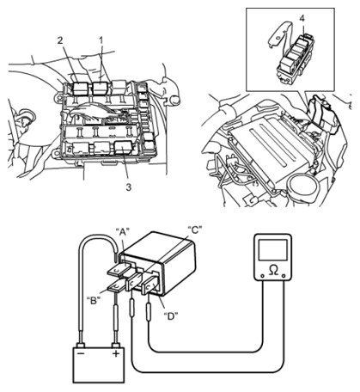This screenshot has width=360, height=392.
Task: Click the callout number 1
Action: pos(101,41)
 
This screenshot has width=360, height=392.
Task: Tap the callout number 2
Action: pos(60,40)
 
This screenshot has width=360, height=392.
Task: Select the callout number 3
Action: pos(129,187)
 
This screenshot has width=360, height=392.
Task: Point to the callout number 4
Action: pos(302,18)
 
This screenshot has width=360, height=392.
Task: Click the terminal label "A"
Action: pos(123,232)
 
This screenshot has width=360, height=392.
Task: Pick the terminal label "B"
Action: pos(94,300)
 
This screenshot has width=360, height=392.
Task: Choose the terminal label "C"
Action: pos(195,230)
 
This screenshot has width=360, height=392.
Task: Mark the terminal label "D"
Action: pos(171,316)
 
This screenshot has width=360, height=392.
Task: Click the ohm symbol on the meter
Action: pos(273,270)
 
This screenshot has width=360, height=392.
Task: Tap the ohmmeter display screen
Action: pos(273,250)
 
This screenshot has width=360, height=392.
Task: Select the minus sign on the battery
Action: pos(81,353)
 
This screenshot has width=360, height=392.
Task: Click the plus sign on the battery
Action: pos(116,353)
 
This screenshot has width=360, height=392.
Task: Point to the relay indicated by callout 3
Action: pos(123,148)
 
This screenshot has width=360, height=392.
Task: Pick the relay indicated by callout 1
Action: pos(100,88)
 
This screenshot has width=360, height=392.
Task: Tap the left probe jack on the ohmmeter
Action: pos(262,276)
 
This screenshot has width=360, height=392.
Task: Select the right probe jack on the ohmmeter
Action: pos(284,276)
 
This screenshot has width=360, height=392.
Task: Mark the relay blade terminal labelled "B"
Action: pos(117,286)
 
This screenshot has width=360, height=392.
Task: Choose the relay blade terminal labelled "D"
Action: pos(150,285)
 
